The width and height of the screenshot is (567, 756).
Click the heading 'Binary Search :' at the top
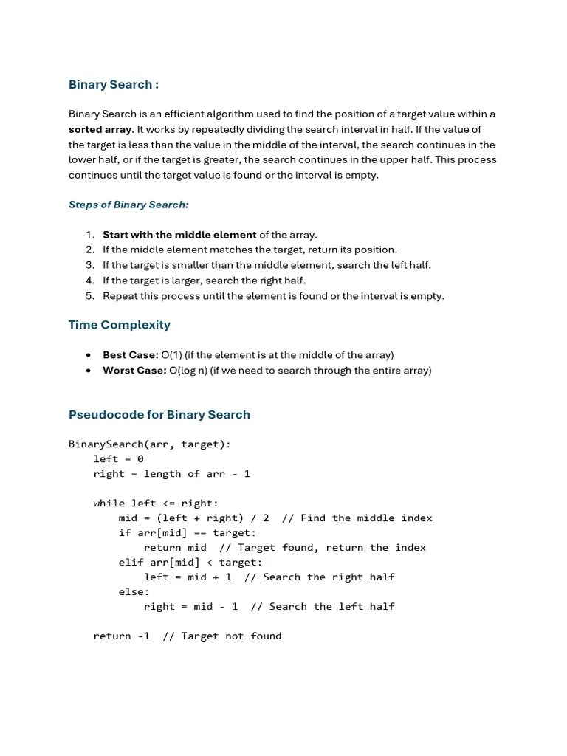113,84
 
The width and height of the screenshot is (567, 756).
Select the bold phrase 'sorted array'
100,129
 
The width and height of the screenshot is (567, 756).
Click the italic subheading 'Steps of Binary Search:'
128,205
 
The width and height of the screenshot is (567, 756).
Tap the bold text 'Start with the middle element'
179,235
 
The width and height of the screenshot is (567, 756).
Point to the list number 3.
90,265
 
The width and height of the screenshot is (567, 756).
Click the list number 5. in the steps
90,296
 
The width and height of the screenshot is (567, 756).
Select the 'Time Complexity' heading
119,325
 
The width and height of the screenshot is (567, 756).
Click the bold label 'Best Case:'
130,355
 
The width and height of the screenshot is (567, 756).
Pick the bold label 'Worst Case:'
134,371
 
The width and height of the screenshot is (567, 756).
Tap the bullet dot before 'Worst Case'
89,371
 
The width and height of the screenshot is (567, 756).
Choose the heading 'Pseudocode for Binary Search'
159,415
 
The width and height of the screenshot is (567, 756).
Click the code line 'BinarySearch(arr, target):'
150,444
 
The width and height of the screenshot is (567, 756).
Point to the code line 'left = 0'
118,459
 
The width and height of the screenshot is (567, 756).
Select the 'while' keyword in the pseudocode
109,504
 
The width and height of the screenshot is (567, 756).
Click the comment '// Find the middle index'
357,518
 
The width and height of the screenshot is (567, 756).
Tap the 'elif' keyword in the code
131,563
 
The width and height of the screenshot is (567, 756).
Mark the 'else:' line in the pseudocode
134,592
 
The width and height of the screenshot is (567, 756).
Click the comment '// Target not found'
221,636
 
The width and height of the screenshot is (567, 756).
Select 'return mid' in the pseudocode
175,548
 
